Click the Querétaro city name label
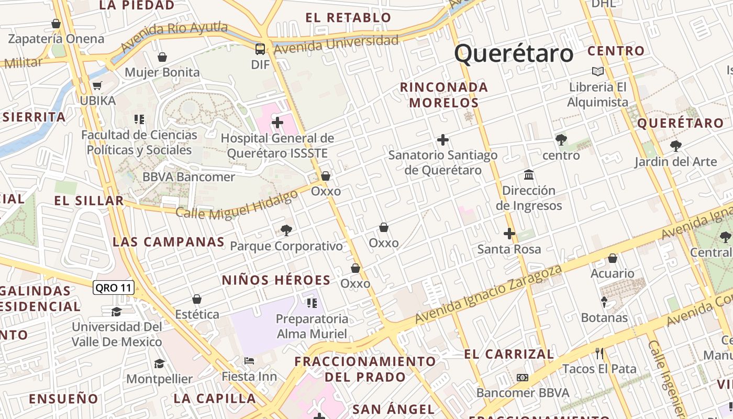(514, 54)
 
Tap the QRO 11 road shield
(114, 287)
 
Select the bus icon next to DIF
(260, 49)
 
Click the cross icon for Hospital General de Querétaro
(277, 123)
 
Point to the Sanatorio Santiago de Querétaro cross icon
(443, 140)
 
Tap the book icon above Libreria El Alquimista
(597, 71)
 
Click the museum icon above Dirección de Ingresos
(529, 174)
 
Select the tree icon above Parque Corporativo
(286, 230)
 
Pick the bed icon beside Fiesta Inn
(249, 361)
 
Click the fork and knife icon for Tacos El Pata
(599, 354)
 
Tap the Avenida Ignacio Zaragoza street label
(488, 294)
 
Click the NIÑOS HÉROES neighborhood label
(276, 280)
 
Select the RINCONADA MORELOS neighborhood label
(443, 95)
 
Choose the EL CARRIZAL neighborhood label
(509, 355)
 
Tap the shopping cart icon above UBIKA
(97, 85)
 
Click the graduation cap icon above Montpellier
(159, 363)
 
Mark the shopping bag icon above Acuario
(612, 258)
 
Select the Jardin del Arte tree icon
(676, 146)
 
